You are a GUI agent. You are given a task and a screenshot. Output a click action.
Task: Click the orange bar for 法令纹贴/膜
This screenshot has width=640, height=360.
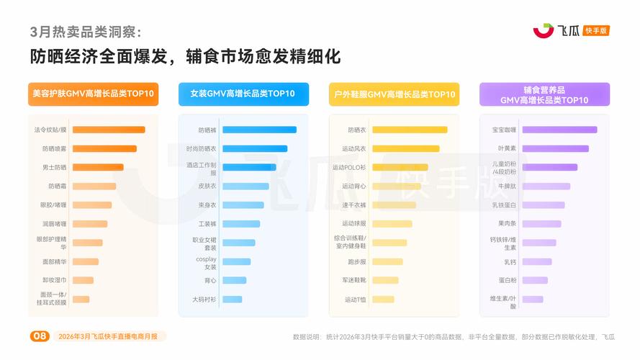109,130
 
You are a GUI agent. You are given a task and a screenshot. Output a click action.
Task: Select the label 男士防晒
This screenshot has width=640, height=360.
55,167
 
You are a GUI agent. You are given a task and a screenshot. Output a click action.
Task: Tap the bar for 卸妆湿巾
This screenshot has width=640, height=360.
83,280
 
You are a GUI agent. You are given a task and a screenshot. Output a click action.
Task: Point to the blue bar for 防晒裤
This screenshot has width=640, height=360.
259,130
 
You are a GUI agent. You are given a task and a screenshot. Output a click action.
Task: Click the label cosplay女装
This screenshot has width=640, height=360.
206,263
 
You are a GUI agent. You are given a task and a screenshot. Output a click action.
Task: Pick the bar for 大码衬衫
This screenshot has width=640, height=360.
232,299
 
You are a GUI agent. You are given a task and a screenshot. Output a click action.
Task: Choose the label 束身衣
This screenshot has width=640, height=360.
207,204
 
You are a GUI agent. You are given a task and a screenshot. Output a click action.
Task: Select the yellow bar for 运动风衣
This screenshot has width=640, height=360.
405,148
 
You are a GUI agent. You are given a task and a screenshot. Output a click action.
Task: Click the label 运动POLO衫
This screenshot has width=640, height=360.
349,167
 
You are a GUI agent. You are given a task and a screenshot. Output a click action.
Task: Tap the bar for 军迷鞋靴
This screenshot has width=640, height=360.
385,280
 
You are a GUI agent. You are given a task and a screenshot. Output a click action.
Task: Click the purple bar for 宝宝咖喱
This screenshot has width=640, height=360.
559,130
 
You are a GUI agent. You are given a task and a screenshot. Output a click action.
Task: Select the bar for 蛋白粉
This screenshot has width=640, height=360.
535,280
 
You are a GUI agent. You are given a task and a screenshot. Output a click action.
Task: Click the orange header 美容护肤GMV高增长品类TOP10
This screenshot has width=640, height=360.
94,94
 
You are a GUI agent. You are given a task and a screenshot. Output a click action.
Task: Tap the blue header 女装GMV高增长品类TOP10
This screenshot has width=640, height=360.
243,94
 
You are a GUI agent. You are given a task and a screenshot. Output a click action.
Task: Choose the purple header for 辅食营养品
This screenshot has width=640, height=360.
544,94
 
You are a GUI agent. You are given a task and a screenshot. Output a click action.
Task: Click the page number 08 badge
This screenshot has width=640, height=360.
40,336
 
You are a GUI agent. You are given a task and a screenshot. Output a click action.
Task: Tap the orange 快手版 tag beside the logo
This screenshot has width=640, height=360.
597,30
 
